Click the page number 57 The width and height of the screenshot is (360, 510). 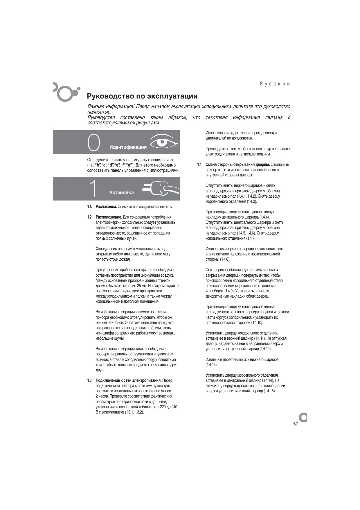click(x=296, y=424)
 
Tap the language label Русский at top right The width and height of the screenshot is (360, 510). click(x=275, y=84)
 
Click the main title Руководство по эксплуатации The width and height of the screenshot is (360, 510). click(x=142, y=96)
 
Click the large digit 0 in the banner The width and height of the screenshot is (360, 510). click(x=94, y=143)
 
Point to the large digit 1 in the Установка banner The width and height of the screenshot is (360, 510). click(x=93, y=189)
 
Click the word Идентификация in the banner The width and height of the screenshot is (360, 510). click(x=128, y=147)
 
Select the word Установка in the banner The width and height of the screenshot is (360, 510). click(x=122, y=193)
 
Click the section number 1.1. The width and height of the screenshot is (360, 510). click(x=90, y=207)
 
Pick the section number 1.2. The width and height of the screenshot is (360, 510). click(x=90, y=217)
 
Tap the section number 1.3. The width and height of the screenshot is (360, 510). click(x=90, y=381)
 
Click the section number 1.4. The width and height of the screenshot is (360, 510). click(x=200, y=165)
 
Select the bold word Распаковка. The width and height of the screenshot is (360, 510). click(x=106, y=207)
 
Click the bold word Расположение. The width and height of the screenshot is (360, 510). click(x=109, y=217)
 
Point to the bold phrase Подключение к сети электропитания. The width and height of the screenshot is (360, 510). click(x=129, y=381)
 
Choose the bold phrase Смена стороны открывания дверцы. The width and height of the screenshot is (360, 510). click(x=238, y=165)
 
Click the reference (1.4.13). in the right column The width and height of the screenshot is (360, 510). click(x=212, y=365)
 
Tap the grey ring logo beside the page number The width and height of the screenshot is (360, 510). click(x=303, y=417)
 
